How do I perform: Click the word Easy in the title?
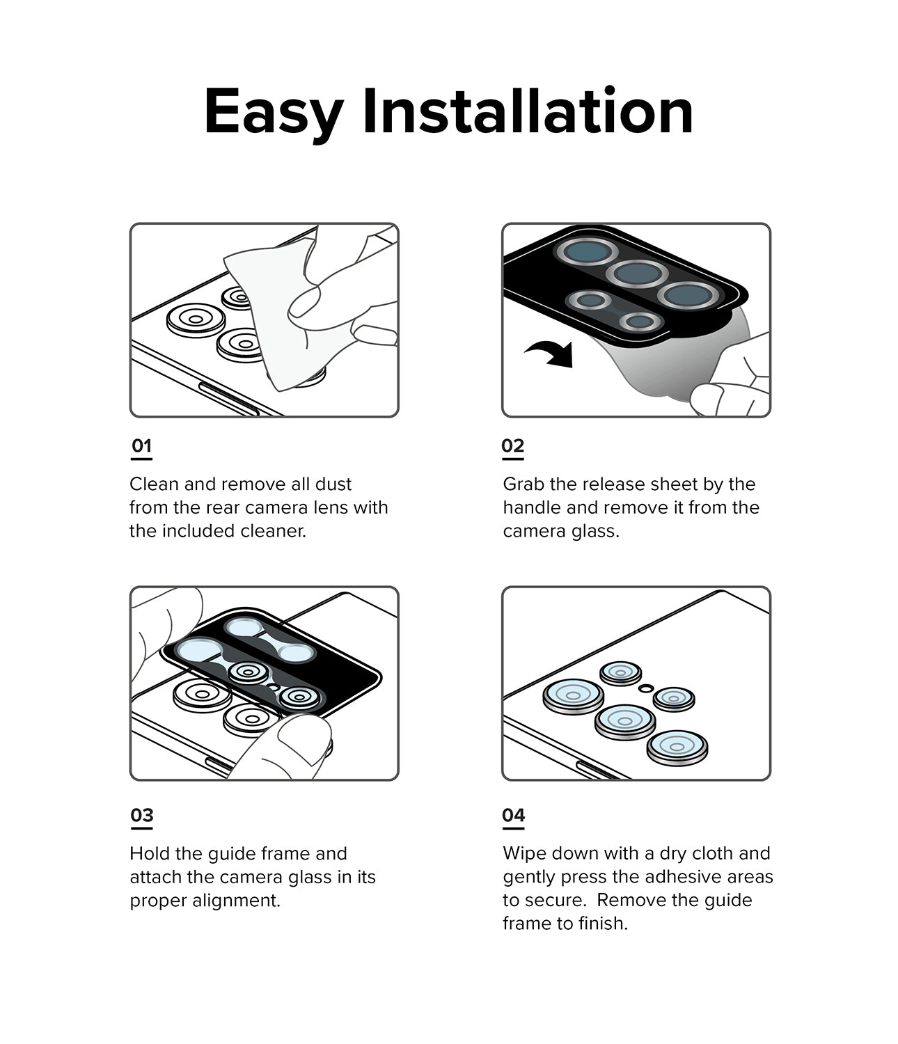[273, 113]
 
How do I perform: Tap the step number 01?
[141, 445]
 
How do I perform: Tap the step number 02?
[512, 445]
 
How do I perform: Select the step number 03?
[141, 815]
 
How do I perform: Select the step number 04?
[513, 815]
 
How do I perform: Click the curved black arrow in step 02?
[551, 353]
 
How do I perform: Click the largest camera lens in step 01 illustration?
[196, 319]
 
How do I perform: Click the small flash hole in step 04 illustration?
[646, 688]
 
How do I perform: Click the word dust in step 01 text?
[333, 484]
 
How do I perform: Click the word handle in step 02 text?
[530, 507]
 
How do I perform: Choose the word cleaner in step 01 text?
[272, 531]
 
